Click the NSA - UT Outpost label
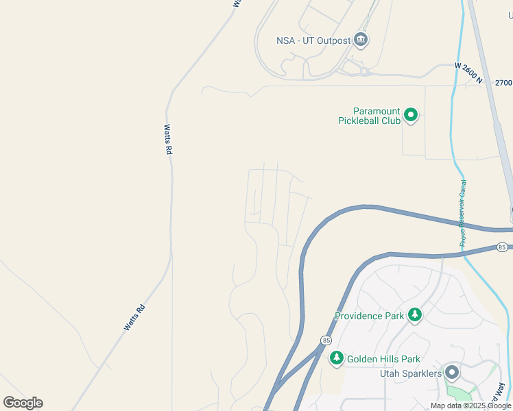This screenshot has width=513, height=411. pyautogui.click(x=313, y=40)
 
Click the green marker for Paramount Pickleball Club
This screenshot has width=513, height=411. pyautogui.click(x=410, y=115)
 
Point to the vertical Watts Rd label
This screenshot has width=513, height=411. pyautogui.click(x=167, y=139)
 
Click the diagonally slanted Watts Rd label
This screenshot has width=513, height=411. pyautogui.click(x=135, y=318)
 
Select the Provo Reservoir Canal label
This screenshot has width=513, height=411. pyautogui.click(x=462, y=213)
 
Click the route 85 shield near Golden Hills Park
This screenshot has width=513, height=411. pyautogui.click(x=325, y=340)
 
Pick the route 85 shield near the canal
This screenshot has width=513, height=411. pyautogui.click(x=503, y=247)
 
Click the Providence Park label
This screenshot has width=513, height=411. pyautogui.click(x=369, y=316)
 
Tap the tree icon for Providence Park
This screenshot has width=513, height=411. pyautogui.click(x=414, y=315)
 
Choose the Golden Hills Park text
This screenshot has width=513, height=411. pyautogui.click(x=383, y=359)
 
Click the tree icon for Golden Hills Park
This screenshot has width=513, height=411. pyautogui.click(x=336, y=358)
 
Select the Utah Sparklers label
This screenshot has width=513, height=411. pyautogui.click(x=409, y=373)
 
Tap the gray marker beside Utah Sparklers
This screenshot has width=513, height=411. pyautogui.click(x=451, y=373)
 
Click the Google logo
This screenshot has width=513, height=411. pyautogui.click(x=23, y=402)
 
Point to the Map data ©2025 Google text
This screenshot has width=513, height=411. pyautogui.click(x=471, y=406)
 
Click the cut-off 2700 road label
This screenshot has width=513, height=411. pyautogui.click(x=503, y=82)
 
